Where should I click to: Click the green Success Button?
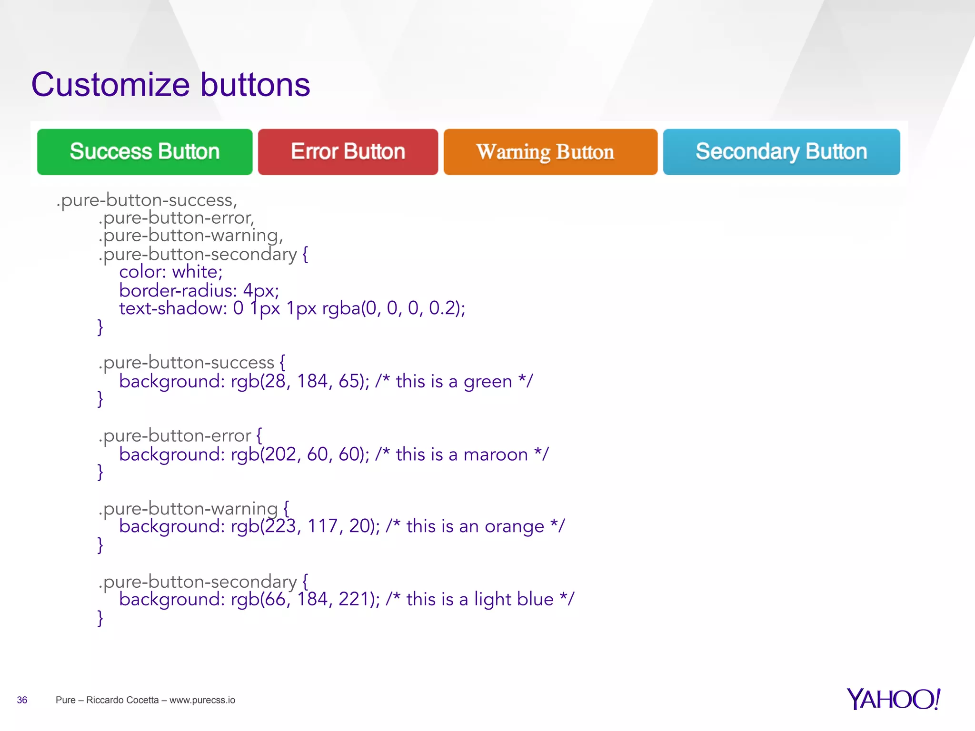pyautogui.click(x=145, y=152)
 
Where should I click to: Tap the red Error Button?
pyautogui.click(x=348, y=152)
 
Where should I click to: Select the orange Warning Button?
pyautogui.click(x=550, y=152)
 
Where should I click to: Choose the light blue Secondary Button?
pyautogui.click(x=781, y=152)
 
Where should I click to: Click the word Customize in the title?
pyautogui.click(x=110, y=85)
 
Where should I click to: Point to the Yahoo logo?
pyautogui.click(x=893, y=699)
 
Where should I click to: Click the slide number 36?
pyautogui.click(x=22, y=700)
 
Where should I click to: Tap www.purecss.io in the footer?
pyautogui.click(x=202, y=700)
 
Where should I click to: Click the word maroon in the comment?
pyautogui.click(x=495, y=454)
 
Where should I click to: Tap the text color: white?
pyautogui.click(x=170, y=272)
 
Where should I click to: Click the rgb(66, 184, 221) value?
pyautogui.click(x=305, y=599)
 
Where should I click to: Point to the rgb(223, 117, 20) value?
pyautogui.click(x=305, y=526)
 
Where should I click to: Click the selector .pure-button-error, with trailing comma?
pyautogui.click(x=176, y=218)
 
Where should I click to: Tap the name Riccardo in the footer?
pyautogui.click(x=103, y=700)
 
